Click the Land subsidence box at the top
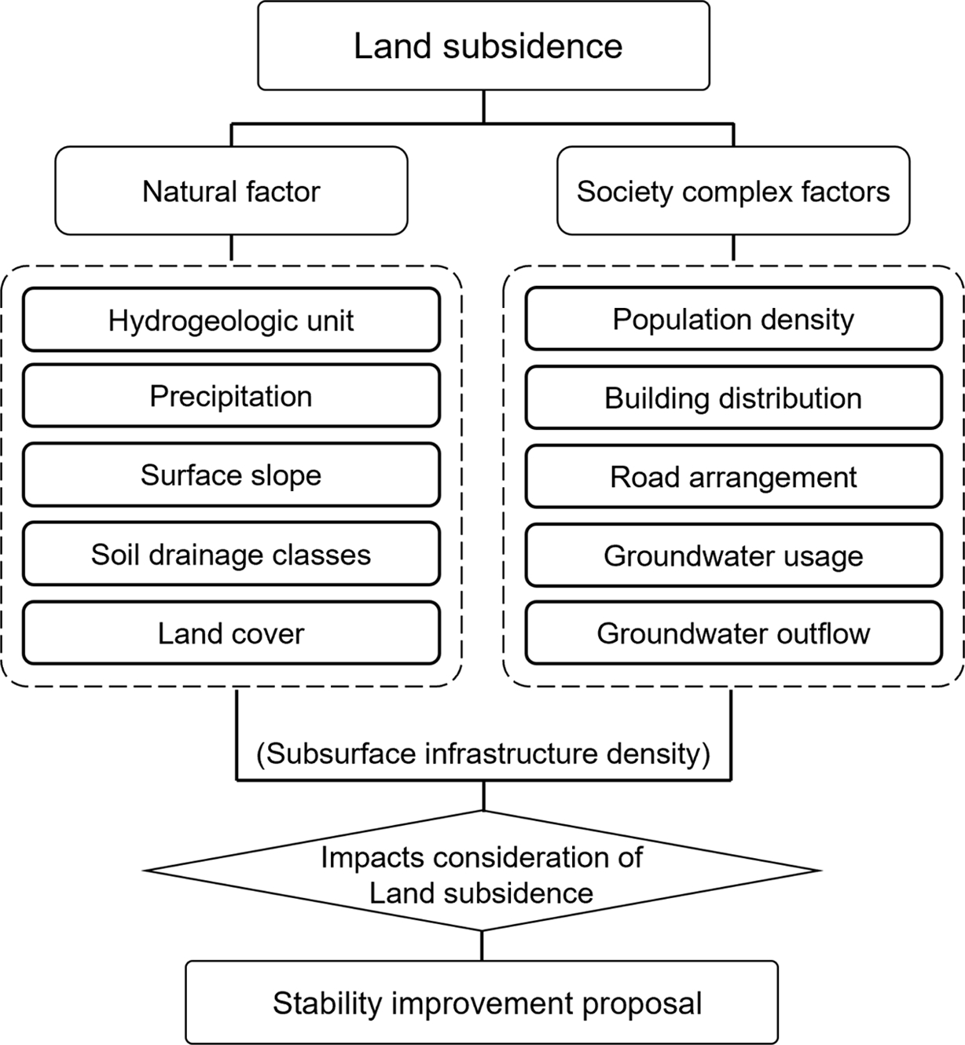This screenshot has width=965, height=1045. [x=483, y=46]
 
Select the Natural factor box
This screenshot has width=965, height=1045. [x=231, y=191]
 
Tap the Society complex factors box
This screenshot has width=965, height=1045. [x=733, y=191]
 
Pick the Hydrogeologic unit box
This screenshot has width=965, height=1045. [x=231, y=320]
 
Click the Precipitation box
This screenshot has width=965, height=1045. [x=231, y=396]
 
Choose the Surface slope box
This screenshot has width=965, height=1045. [x=231, y=475]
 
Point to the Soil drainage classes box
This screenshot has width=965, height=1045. [x=231, y=554]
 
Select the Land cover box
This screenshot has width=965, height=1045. [x=231, y=632]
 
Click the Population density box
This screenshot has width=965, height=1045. [x=733, y=319]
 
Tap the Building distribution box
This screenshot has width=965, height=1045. [x=733, y=398]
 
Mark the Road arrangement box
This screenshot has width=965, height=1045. [x=733, y=476]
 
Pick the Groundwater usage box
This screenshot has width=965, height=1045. [x=733, y=555]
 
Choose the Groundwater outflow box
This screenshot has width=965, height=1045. [x=733, y=632]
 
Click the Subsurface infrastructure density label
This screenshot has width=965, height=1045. [x=483, y=753]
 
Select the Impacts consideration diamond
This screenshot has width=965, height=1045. [x=482, y=872]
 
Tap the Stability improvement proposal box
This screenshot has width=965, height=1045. [x=482, y=1003]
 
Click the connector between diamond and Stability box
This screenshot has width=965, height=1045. [x=482, y=946]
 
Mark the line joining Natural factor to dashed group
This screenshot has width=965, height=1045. [x=231, y=248]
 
